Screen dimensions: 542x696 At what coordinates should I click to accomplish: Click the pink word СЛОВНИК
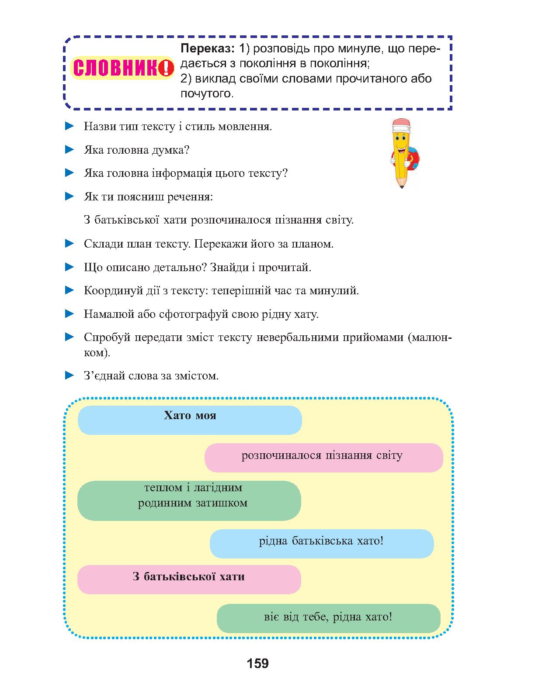(x=116, y=68)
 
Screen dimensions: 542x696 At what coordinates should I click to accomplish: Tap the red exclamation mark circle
(x=166, y=68)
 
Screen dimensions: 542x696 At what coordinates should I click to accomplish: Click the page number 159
(x=258, y=663)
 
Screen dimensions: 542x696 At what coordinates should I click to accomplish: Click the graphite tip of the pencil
(x=401, y=186)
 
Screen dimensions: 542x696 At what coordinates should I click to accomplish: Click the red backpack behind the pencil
(x=413, y=158)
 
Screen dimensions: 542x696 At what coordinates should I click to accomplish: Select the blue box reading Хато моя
(x=190, y=420)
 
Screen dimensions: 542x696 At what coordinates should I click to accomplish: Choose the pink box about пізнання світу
(x=324, y=458)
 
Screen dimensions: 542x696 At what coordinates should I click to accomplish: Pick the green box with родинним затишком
(x=189, y=500)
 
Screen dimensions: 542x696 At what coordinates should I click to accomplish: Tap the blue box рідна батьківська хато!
(x=322, y=544)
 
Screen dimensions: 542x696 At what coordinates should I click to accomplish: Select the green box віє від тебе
(x=329, y=618)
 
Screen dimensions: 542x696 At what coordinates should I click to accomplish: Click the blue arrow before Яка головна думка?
(x=69, y=150)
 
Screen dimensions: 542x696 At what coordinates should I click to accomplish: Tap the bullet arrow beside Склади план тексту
(x=69, y=243)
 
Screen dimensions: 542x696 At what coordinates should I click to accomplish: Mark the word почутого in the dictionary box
(x=207, y=94)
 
